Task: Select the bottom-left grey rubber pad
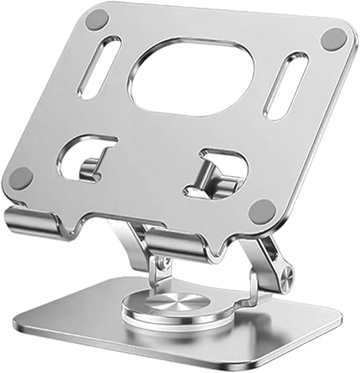coord(21,177)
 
